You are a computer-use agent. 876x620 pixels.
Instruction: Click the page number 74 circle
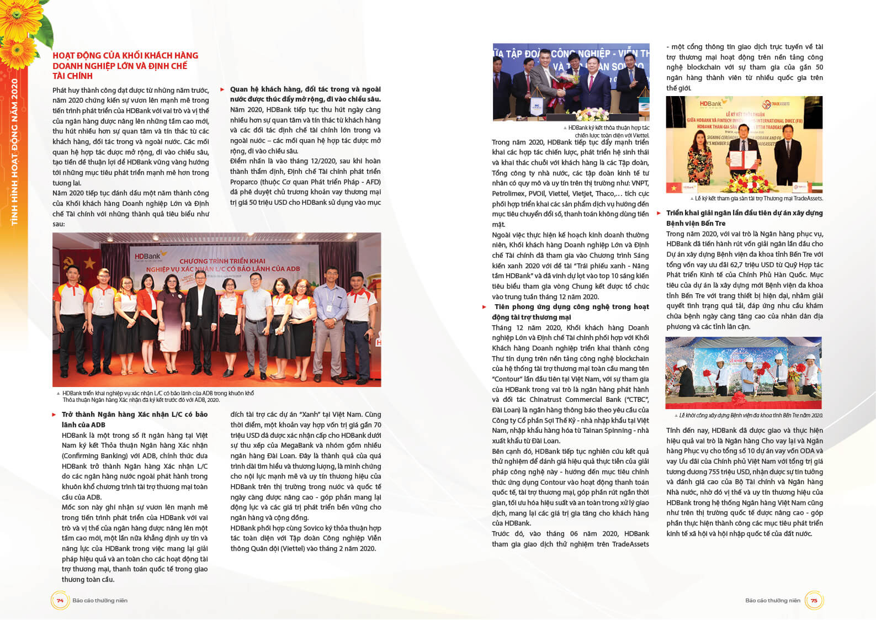tap(60, 600)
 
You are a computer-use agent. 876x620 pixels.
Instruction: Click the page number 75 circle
tap(814, 600)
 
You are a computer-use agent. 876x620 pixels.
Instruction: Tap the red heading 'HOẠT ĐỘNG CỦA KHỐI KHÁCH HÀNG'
tap(125, 56)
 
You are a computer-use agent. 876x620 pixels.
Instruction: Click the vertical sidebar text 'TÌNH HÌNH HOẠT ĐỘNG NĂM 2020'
tap(15, 152)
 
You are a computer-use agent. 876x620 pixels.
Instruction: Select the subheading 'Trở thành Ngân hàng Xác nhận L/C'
tap(135, 415)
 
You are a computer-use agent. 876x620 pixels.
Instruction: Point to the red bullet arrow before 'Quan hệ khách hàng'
tap(222, 89)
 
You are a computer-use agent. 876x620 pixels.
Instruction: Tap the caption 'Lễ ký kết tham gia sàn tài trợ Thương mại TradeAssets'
tap(758, 198)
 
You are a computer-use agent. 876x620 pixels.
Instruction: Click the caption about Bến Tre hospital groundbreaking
tap(750, 415)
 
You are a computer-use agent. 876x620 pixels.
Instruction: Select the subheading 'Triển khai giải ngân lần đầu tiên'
tap(744, 213)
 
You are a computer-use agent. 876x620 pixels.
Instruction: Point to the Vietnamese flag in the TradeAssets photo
tap(674, 188)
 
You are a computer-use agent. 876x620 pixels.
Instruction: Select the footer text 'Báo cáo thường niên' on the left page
tap(100, 601)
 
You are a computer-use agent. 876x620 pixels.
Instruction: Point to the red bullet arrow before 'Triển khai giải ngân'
tap(659, 213)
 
